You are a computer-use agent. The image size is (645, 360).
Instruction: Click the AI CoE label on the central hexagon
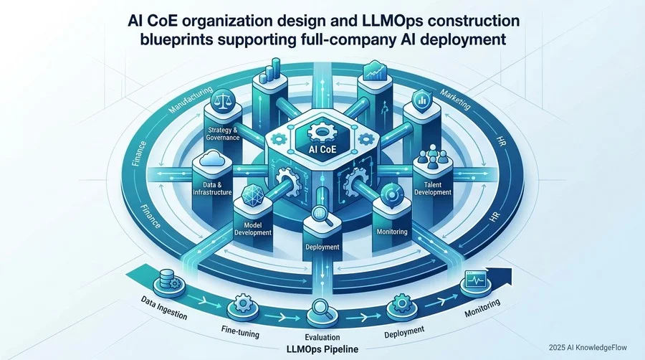tap(322, 148)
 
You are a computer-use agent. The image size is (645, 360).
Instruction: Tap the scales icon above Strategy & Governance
tap(223, 100)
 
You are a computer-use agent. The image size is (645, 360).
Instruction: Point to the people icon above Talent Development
tap(432, 158)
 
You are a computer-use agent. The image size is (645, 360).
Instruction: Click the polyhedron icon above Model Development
tap(251, 195)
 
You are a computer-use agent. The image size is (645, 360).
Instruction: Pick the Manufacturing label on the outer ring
tap(191, 100)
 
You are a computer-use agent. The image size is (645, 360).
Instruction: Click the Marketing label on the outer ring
tap(455, 99)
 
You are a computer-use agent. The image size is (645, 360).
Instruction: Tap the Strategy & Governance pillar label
tap(223, 133)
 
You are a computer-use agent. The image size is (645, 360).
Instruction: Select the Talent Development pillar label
tap(433, 189)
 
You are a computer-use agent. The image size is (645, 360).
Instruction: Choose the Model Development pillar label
tap(253, 229)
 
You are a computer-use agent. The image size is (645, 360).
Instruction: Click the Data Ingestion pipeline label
tap(163, 308)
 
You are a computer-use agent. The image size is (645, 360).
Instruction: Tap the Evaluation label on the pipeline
tap(322, 337)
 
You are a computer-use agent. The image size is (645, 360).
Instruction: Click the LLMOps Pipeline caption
tap(322, 349)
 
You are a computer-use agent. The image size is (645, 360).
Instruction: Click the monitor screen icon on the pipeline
tap(476, 280)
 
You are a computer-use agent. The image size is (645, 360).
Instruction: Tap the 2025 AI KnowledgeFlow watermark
tap(588, 348)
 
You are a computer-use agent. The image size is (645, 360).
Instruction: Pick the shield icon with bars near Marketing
tap(421, 100)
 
